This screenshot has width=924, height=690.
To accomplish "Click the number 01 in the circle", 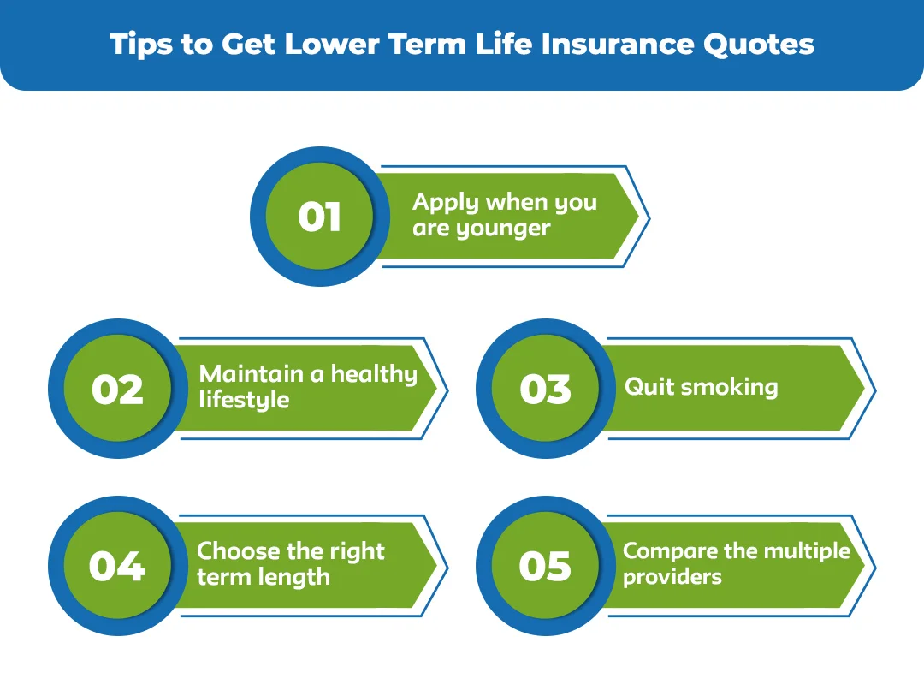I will click(x=319, y=217).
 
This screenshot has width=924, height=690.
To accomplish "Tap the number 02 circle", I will click(x=116, y=390).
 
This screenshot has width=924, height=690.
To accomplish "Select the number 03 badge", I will click(x=545, y=390).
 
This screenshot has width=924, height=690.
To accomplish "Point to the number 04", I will click(x=116, y=567).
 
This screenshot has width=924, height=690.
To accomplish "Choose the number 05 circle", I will click(x=545, y=567).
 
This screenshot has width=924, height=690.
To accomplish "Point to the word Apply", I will click(x=446, y=204).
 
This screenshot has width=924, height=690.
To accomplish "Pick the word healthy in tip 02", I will click(x=374, y=374).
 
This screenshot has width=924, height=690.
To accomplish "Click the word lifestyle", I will click(x=244, y=400).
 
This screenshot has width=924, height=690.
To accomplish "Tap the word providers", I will click(x=672, y=576).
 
